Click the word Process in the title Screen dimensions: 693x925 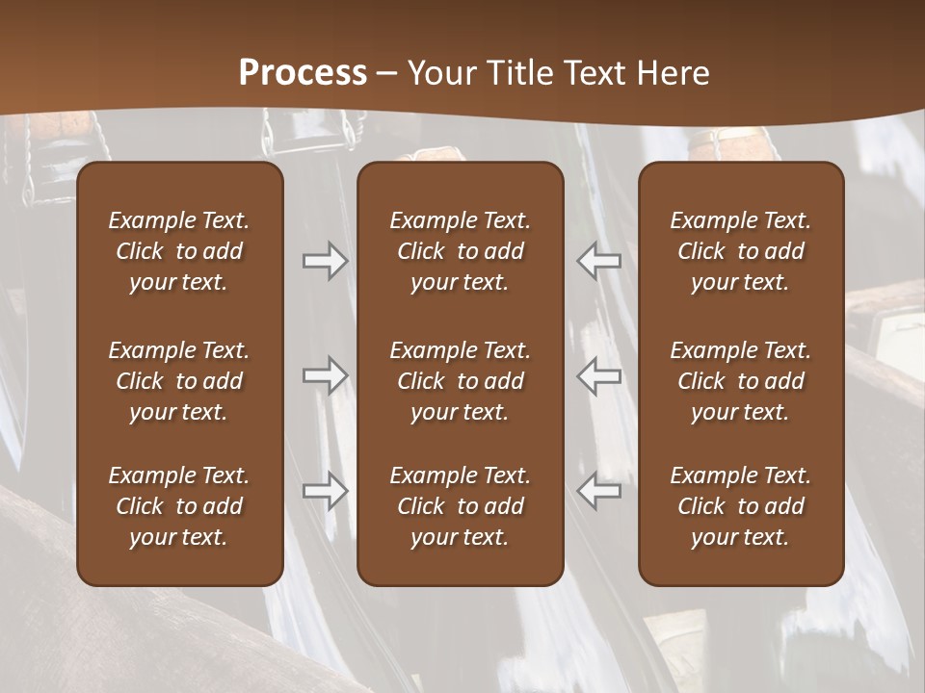point(303,73)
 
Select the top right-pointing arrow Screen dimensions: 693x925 point(325,261)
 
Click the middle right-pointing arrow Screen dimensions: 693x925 point(325,375)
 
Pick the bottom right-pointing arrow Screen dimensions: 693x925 point(325,491)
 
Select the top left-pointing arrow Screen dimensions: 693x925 point(598,261)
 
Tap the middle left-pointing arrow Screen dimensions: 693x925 point(598,375)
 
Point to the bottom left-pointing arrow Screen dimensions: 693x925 point(598,491)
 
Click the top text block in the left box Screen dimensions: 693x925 point(179,251)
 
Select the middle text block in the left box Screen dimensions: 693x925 point(179,381)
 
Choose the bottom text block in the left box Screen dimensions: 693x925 point(179,506)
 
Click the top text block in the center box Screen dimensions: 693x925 point(461,251)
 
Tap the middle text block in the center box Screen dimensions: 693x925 point(461,381)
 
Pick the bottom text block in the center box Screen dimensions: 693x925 point(461,506)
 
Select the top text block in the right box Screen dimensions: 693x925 point(741,251)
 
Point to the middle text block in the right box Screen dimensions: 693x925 point(741,381)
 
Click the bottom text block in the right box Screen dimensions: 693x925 point(741,506)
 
